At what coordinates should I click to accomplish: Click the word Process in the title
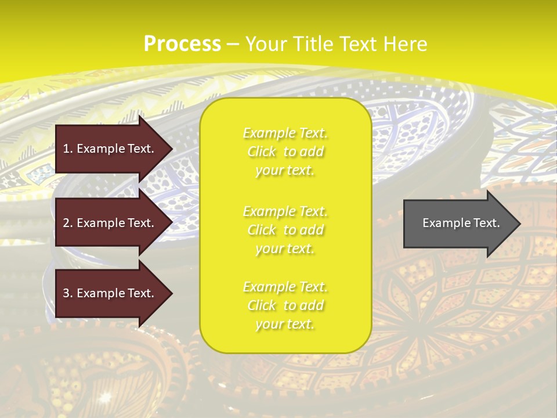coord(182,44)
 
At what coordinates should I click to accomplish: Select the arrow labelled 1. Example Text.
coord(110,149)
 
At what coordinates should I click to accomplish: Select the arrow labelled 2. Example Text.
coord(110,223)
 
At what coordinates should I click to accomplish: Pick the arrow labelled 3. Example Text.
coord(110,293)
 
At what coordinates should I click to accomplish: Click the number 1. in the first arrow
coord(68,149)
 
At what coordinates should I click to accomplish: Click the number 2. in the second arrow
coord(68,223)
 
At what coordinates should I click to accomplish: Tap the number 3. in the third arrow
coord(68,293)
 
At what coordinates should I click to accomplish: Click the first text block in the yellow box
coord(285,152)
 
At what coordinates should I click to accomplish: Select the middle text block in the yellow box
coord(285,230)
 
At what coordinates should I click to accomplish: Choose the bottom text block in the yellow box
coord(285,305)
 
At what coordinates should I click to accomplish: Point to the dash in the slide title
coord(233,44)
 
